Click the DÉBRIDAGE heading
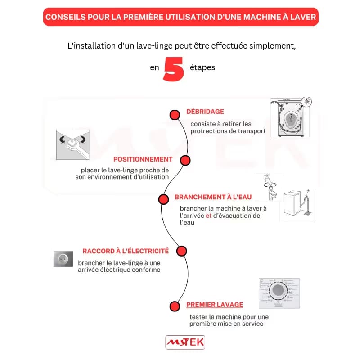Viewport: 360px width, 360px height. (x=205, y=112)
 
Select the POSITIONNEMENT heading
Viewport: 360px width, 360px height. (x=143, y=159)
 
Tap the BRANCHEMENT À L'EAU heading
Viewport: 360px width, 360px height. (x=213, y=197)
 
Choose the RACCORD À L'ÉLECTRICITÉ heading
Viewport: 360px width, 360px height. (x=126, y=251)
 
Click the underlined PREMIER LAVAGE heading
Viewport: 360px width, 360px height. (x=215, y=305)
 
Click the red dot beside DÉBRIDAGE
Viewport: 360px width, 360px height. (x=175, y=115)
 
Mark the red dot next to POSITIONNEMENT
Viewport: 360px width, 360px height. (x=185, y=161)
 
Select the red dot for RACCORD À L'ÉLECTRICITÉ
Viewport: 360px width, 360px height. (x=181, y=251)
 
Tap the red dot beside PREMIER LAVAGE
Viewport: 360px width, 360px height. (x=175, y=306)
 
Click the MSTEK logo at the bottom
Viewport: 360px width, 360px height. (x=185, y=342)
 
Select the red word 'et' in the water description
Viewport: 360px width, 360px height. (x=208, y=216)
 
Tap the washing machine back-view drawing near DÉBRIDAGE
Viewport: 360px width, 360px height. (x=290, y=118)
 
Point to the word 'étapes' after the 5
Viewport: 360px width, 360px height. (x=202, y=68)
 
